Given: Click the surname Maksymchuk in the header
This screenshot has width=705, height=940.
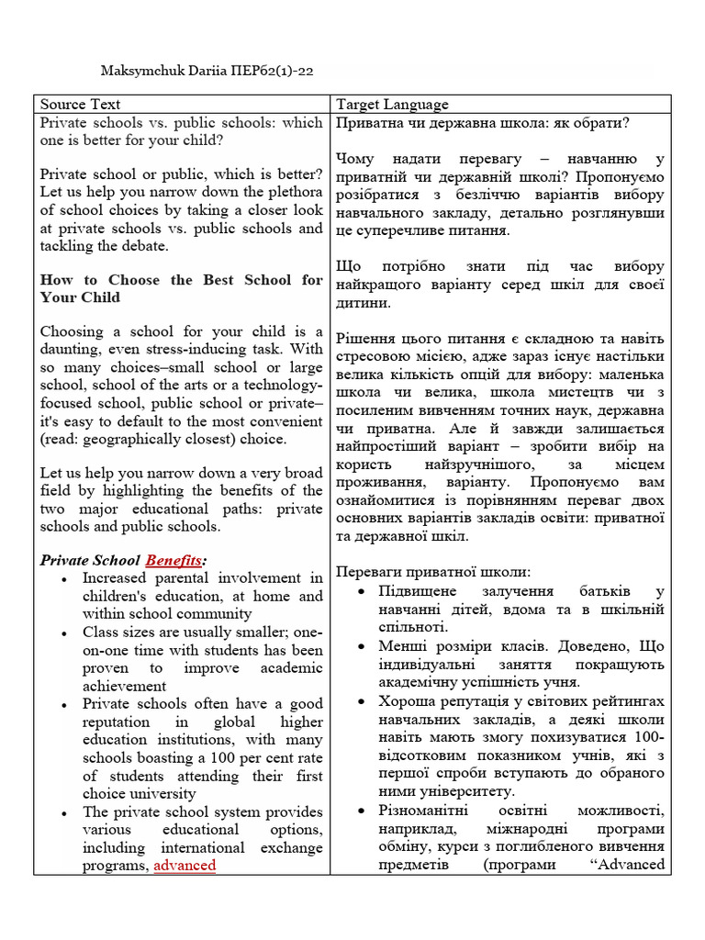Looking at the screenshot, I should [x=140, y=70].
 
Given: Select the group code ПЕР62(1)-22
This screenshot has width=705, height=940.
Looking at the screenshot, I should [x=271, y=70].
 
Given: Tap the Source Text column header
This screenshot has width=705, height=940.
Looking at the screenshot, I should [x=80, y=105].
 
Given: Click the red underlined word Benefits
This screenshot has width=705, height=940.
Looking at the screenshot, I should [x=173, y=560].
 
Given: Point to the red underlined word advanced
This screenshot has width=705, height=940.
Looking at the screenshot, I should [x=185, y=865].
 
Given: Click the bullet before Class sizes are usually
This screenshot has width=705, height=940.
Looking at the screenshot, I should [x=62, y=633].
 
